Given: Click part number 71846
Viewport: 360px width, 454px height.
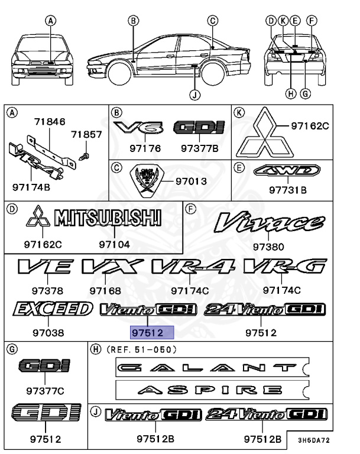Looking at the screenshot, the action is click(49, 121).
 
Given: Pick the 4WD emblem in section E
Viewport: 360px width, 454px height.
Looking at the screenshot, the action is click(287, 172).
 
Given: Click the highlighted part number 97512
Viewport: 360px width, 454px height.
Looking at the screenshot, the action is click(152, 333).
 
